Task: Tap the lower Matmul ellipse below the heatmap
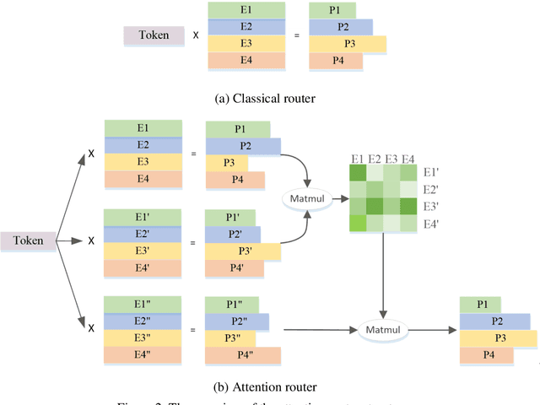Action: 384,328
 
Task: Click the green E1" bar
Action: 143,303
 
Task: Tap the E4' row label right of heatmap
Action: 430,224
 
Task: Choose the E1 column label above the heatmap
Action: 358,158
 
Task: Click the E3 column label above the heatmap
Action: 391,158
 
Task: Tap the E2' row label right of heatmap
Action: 430,188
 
